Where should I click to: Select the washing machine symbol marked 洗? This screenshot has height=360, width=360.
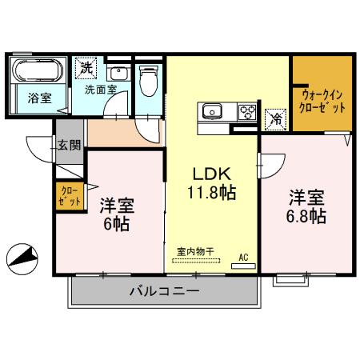coord(85,69)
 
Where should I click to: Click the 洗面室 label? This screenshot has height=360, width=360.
coord(101,90)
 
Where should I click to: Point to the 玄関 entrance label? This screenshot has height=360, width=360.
coord(68,146)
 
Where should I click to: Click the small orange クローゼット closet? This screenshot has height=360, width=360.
coord(69,197)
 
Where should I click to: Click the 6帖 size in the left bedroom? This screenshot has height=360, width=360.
coord(117,224)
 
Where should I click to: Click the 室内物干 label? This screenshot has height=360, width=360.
coord(195,250)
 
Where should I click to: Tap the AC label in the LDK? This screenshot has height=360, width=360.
coord(243,258)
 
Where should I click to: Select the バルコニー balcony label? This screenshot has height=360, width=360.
coord(164,291)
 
